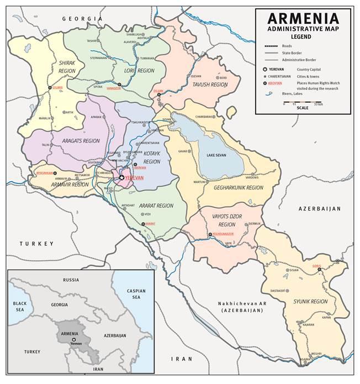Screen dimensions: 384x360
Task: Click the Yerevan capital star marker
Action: (121, 178)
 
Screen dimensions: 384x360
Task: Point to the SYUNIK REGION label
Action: (310, 302)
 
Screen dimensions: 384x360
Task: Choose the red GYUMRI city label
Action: (58, 88)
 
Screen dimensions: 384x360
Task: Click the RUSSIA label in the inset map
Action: (71, 280)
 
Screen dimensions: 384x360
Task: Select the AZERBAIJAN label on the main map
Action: (320, 208)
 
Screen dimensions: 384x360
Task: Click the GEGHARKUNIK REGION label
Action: (238, 188)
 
